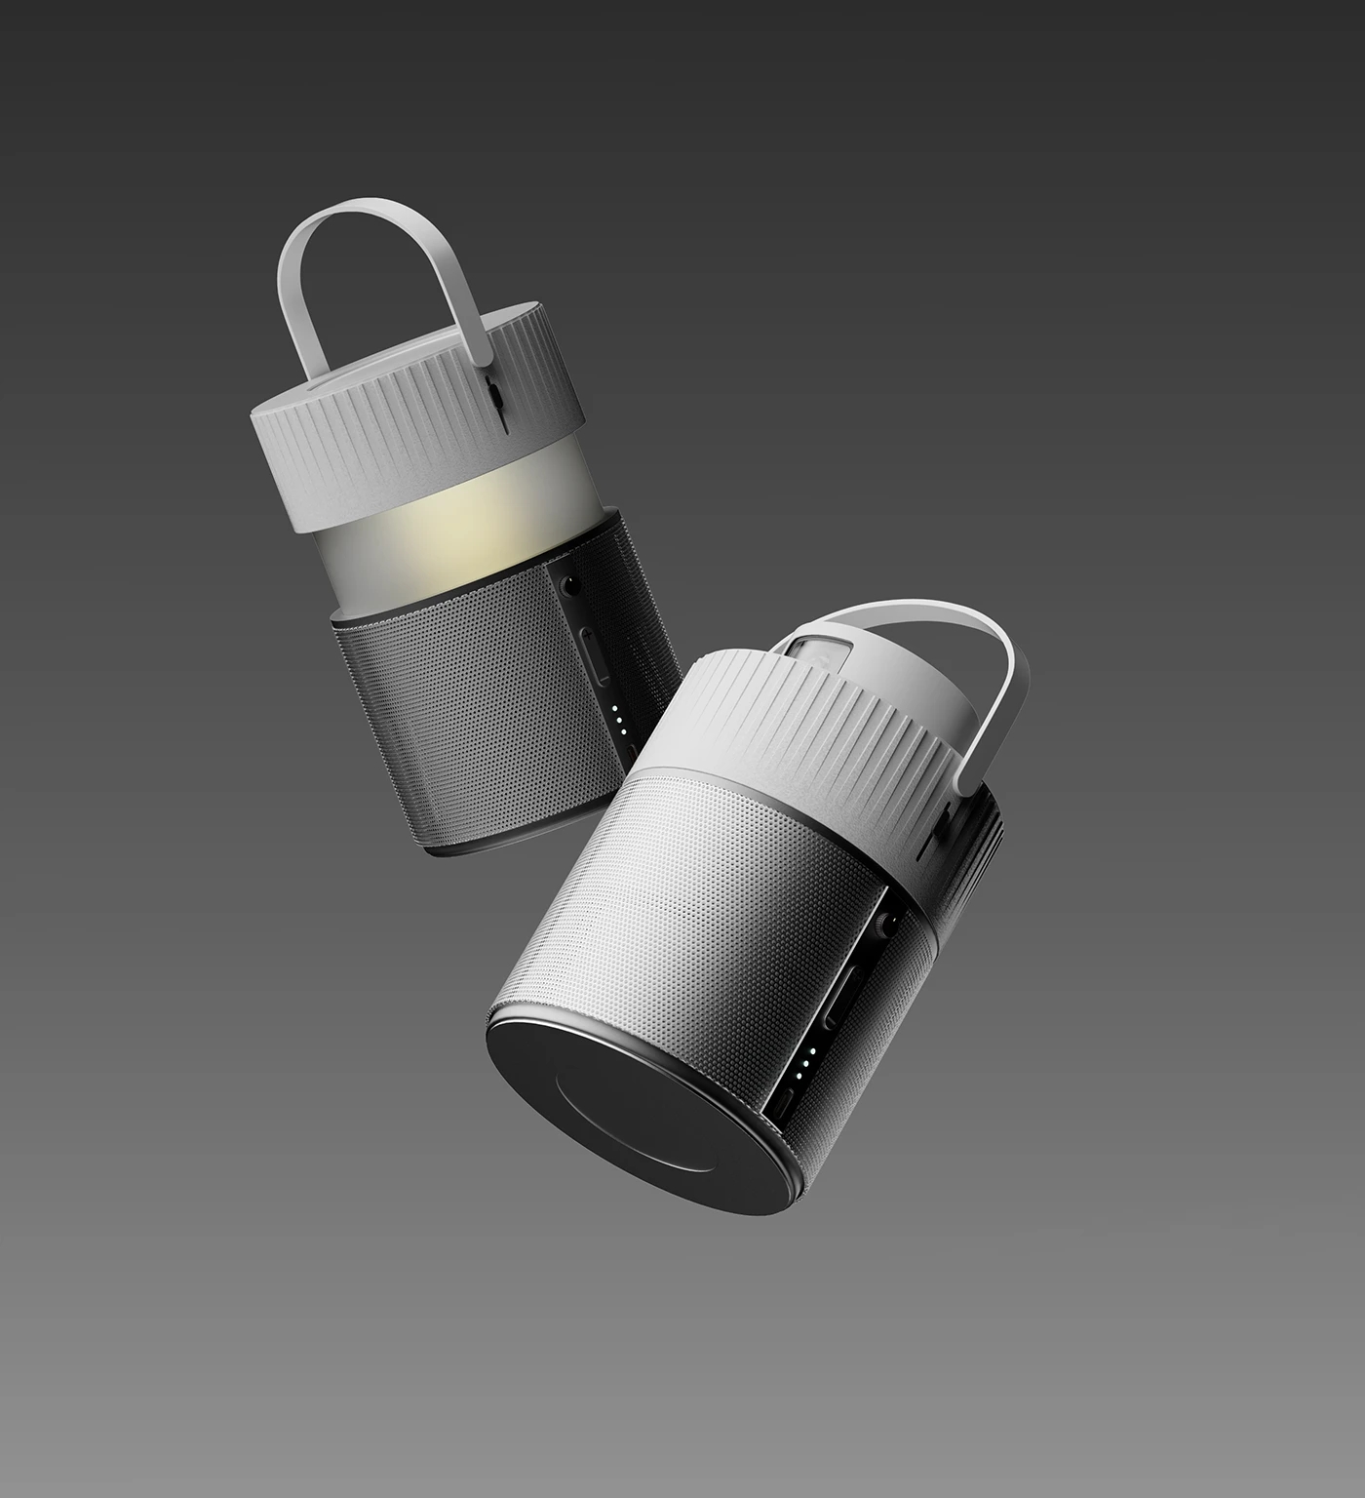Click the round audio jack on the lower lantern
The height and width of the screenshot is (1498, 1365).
click(886, 926)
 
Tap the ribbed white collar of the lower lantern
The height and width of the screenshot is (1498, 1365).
click(799, 741)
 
